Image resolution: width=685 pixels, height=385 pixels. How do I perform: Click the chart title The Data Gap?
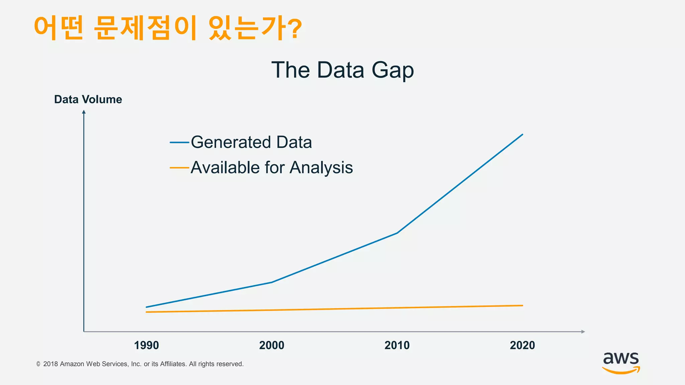342,70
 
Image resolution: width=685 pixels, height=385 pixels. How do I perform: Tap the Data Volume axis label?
88,100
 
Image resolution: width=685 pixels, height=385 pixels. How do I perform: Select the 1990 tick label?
146,345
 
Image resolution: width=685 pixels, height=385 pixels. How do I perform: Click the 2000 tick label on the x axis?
272,345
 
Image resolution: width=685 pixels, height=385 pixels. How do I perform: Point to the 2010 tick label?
397,345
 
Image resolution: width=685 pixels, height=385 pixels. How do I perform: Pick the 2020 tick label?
522,345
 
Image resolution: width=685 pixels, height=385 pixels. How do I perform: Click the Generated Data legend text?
251,142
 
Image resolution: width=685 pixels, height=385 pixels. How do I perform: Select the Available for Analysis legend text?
272,167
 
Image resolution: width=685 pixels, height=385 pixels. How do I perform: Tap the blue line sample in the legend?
180,142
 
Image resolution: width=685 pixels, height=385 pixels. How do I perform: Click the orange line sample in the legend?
180,167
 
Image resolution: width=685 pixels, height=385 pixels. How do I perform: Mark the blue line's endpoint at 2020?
522,134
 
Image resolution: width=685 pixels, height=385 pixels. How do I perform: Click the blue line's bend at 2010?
397,233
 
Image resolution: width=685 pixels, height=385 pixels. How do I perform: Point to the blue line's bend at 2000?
272,282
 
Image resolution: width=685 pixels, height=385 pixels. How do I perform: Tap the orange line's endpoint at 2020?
522,305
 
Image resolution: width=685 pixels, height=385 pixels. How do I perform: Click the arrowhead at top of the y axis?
84,112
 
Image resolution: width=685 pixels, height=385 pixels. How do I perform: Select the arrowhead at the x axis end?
583,332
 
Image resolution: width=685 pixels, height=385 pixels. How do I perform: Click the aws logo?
621,363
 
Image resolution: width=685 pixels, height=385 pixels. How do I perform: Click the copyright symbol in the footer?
38,364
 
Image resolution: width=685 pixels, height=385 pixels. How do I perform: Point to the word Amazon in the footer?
72,364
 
